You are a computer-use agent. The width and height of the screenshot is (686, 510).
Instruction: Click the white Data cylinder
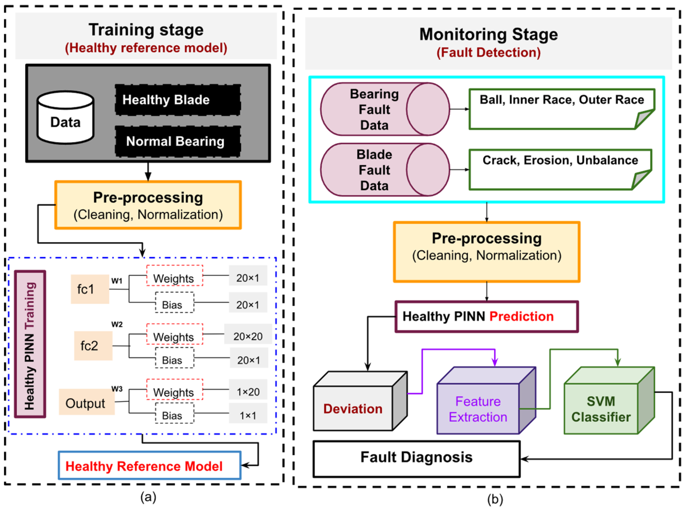point(65,117)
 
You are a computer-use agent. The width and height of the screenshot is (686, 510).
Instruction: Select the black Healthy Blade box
point(178,99)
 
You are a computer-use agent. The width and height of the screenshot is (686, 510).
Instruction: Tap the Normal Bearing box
point(178,141)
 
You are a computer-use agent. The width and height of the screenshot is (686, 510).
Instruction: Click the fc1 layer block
point(90,289)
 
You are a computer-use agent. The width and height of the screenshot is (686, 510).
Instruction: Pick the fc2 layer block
point(93,346)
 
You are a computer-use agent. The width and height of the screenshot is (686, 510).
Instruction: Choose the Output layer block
point(87,402)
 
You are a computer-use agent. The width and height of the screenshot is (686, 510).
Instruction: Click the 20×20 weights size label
point(248,336)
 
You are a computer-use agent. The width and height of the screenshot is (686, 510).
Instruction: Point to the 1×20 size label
point(248,392)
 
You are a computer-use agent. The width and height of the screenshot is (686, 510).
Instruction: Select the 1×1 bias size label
point(248,415)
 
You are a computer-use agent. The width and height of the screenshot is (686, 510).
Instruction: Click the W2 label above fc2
point(117,324)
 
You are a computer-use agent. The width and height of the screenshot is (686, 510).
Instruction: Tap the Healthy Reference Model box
point(150,465)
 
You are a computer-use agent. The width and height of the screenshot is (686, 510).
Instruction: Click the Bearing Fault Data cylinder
point(385,109)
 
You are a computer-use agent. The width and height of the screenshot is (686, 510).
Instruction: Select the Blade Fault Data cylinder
point(385,170)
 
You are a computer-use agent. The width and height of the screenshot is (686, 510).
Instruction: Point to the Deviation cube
point(360,401)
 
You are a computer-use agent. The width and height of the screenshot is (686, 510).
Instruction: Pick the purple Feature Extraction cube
point(486,400)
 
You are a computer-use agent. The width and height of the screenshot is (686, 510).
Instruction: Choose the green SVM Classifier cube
point(609,400)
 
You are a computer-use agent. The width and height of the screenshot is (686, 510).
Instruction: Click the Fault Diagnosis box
point(416,459)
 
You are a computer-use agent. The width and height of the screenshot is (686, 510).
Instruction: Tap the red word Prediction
point(522,316)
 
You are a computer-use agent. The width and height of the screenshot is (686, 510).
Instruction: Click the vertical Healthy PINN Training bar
point(30,344)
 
